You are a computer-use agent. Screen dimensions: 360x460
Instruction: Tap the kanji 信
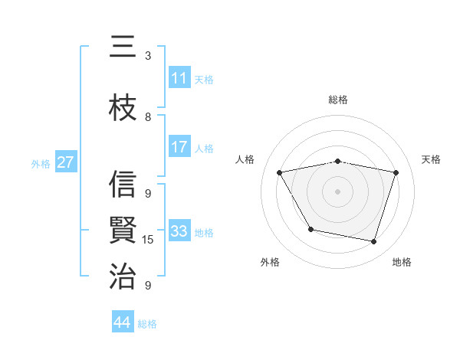tap(123, 185)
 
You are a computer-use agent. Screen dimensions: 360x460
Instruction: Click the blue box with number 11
tap(179, 77)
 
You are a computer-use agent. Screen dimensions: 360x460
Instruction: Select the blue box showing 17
tap(179, 147)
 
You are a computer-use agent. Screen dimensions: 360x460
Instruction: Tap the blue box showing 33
tap(179, 231)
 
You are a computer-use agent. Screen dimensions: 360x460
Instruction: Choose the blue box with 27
tap(65, 162)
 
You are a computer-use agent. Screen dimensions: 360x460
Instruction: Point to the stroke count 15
tap(148, 240)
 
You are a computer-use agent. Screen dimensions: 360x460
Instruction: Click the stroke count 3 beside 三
tap(148, 56)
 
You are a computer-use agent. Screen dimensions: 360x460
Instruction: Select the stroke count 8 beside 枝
tap(148, 117)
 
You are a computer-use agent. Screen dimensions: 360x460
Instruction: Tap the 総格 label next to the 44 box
tap(147, 324)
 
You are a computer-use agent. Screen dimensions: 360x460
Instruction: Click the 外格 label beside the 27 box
tap(41, 163)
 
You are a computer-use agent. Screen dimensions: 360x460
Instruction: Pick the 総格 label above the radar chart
tap(337, 100)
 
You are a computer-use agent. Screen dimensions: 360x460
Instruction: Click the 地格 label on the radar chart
tap(402, 262)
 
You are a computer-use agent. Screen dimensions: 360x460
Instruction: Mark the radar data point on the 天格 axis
tap(396, 172)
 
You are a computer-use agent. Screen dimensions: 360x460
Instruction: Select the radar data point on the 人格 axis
tap(280, 172)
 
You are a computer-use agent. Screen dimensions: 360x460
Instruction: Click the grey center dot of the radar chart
tap(337, 191)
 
